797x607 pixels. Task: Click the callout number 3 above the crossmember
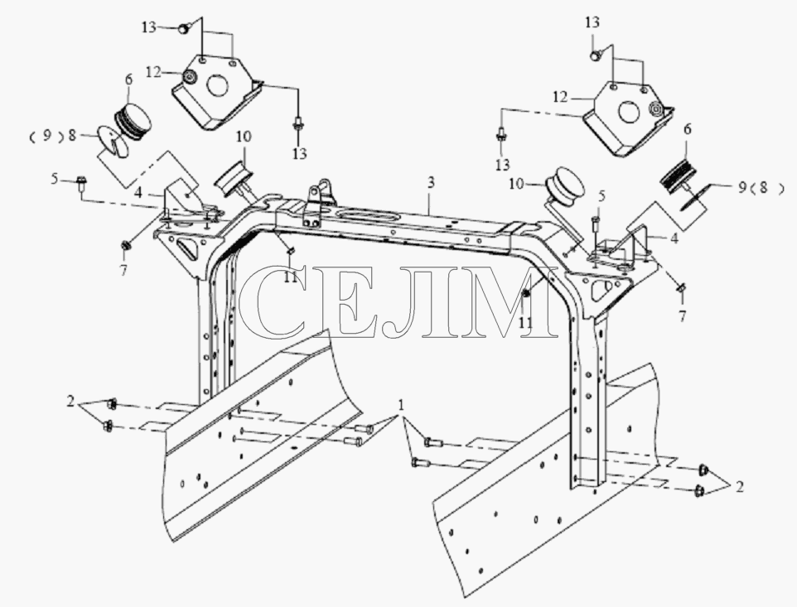tap(431, 183)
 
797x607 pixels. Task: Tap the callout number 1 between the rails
tap(402, 405)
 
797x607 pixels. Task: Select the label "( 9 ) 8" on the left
tap(52, 136)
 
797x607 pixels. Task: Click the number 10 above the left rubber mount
tap(244, 137)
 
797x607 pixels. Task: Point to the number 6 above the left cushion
tap(128, 79)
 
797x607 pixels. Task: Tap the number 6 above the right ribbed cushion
tap(687, 129)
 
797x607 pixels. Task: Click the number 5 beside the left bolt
tap(55, 178)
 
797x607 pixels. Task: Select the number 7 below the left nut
tap(123, 270)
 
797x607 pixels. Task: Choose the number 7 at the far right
tap(682, 316)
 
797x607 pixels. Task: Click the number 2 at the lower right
tap(740, 487)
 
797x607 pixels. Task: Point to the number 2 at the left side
tap(70, 402)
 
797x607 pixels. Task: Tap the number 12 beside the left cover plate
tap(153, 73)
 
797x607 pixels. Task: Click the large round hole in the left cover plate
tap(216, 84)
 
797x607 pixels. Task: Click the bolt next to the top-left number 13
tap(183, 28)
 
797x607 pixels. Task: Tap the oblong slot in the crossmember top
tap(367, 215)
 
